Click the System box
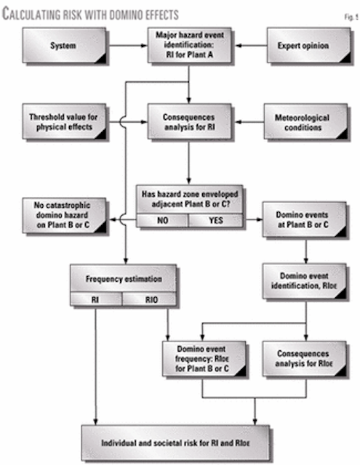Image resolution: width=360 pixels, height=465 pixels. [62, 49]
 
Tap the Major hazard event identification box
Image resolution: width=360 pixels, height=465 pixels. [189, 49]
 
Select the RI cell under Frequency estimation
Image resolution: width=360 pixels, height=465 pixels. [95, 299]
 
